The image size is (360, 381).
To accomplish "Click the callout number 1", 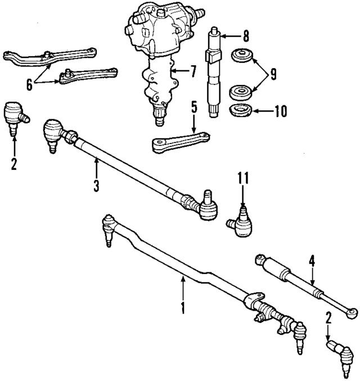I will [x=182, y=308].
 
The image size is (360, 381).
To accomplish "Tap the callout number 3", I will [x=96, y=185].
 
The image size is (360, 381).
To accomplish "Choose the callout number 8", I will [x=246, y=38].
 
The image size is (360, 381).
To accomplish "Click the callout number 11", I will [x=242, y=180].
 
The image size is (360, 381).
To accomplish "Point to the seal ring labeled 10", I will [x=240, y=110].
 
